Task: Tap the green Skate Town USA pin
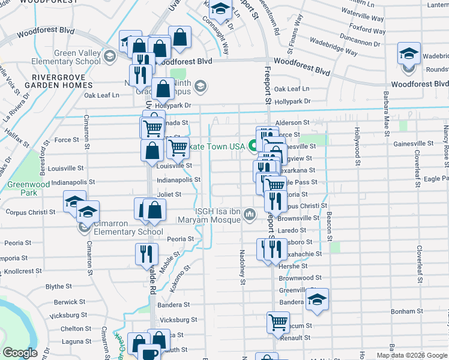point(253,145)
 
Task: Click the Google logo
point(20,353)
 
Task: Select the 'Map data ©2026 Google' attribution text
point(412,355)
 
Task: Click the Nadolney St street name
point(242,267)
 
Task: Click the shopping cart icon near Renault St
point(278,323)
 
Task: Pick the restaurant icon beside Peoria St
point(147,254)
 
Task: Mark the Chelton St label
point(76,328)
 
